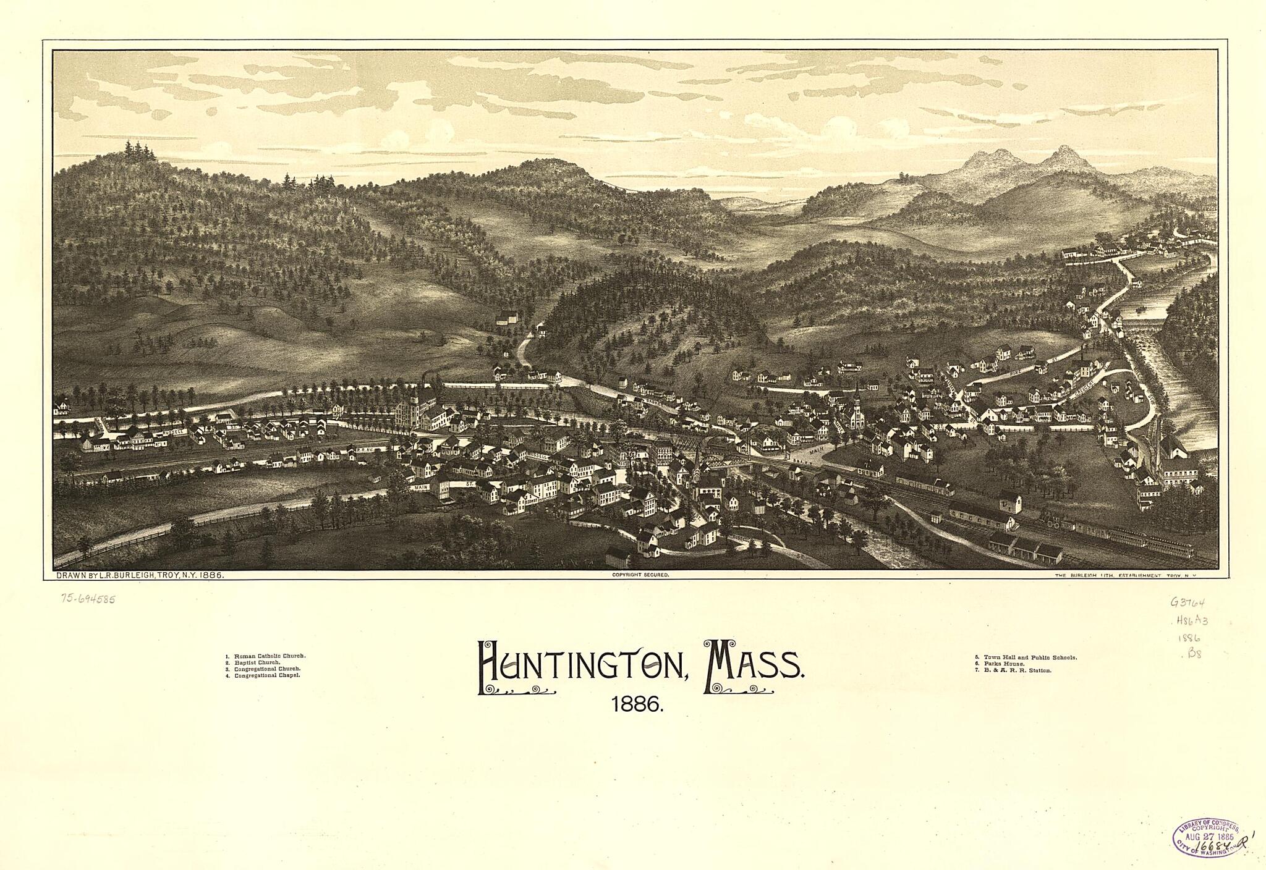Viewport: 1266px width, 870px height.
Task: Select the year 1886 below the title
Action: click(637, 704)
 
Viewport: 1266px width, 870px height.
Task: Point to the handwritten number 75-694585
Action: click(88, 599)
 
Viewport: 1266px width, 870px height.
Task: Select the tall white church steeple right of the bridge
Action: click(857, 408)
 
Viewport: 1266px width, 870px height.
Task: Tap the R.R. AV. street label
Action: click(363, 450)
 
